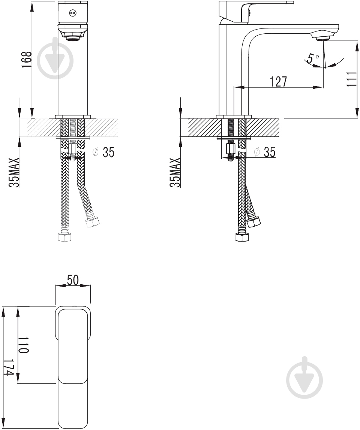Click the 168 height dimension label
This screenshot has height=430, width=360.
27,60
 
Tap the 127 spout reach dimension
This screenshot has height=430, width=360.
278,81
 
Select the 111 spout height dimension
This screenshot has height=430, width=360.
351,79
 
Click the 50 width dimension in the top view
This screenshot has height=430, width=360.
73,280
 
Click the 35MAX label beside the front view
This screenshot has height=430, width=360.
14,173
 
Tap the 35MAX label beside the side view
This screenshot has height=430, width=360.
175,173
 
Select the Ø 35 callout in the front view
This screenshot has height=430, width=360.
104,152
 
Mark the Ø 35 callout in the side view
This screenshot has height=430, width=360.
265,152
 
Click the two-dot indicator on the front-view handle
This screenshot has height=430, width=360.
73,13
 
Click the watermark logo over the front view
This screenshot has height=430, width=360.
55,59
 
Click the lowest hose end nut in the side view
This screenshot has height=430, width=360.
242,237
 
